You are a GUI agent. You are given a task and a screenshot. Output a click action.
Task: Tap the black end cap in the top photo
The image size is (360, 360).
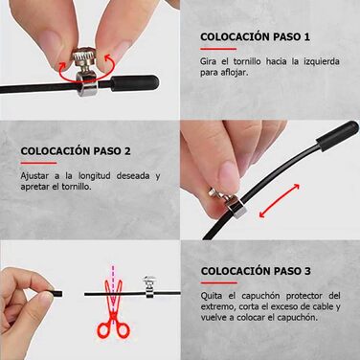click(x=135, y=83)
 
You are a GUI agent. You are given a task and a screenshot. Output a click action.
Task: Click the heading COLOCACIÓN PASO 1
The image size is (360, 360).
click(x=255, y=36)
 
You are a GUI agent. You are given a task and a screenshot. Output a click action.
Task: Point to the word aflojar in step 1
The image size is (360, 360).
click(x=234, y=73)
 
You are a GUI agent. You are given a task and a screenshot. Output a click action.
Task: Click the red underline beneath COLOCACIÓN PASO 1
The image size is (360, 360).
click(x=218, y=49)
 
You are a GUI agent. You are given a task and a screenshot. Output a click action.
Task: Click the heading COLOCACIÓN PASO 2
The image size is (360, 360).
click(x=76, y=151)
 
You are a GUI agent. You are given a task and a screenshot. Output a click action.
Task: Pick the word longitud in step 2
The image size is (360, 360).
click(x=95, y=175)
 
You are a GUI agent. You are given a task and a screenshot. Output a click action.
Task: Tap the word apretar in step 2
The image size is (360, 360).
click(x=34, y=187)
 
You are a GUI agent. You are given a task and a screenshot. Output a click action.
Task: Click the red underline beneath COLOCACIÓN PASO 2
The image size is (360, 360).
click(x=38, y=163)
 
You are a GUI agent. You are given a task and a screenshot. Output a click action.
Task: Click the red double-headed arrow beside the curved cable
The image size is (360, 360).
click(x=280, y=201)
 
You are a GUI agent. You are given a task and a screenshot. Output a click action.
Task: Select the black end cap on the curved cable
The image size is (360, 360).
click(x=337, y=135)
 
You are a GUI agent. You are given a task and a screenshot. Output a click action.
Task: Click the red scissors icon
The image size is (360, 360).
click(x=113, y=307)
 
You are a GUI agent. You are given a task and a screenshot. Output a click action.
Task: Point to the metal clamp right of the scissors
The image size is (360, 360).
click(x=149, y=286)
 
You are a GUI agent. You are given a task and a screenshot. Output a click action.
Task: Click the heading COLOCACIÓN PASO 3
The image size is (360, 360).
click(x=256, y=271)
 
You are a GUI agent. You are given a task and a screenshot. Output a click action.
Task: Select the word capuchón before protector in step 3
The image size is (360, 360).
click(x=261, y=296)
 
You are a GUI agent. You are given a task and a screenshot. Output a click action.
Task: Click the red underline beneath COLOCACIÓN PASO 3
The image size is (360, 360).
click(x=219, y=282)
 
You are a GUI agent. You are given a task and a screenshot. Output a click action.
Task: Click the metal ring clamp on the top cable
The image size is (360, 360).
click(x=87, y=84)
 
